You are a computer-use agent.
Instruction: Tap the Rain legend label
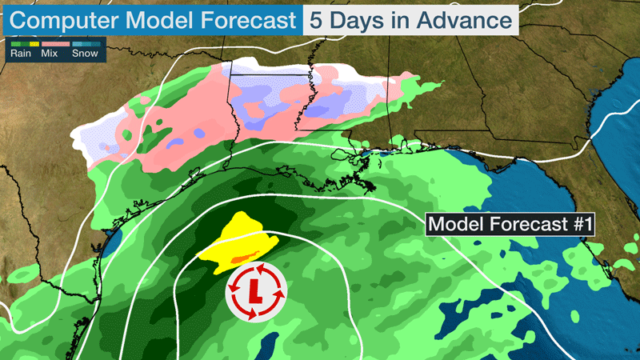coord(21,54)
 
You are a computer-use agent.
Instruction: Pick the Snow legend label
coord(85,54)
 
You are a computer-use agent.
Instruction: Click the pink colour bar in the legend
coord(53,44)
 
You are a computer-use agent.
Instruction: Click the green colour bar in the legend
coord(19,44)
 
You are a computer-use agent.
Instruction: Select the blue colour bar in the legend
coord(86,44)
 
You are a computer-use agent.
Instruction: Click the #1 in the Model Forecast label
coord(575,225)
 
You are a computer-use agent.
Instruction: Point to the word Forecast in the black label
coord(521,225)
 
